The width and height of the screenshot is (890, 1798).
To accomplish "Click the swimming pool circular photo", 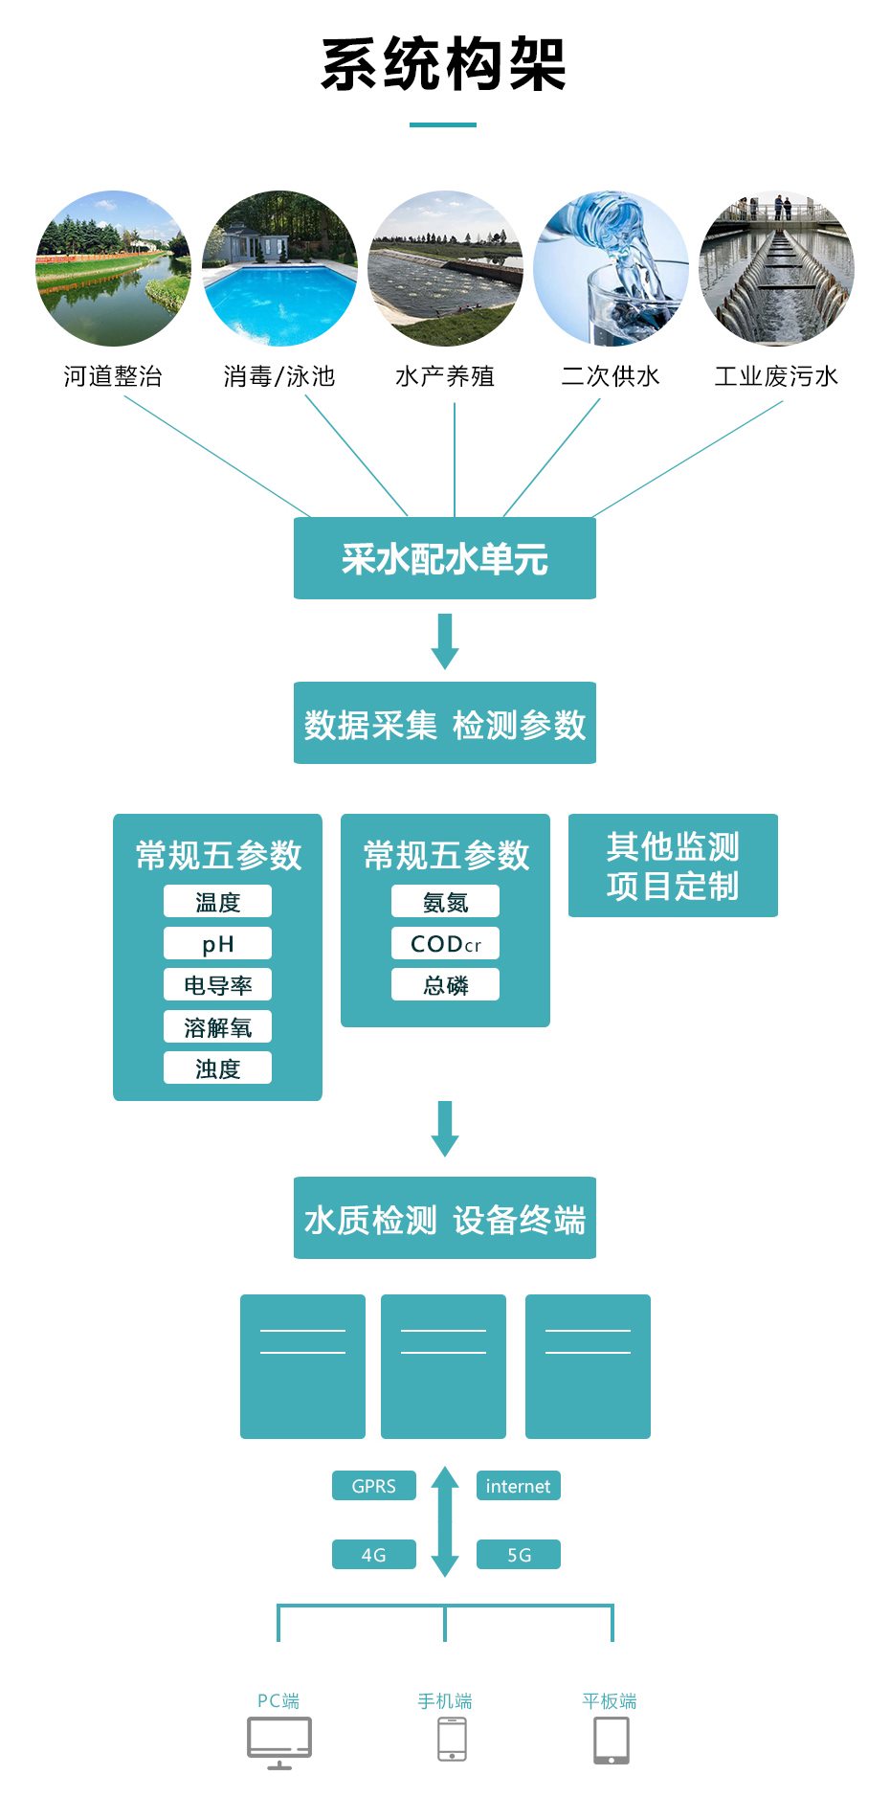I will coord(279,268).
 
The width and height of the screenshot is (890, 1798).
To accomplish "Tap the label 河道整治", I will coord(113,376).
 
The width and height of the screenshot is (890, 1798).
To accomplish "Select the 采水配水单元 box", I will coord(444,558).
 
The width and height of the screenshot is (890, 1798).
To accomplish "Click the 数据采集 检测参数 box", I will coord(444,723).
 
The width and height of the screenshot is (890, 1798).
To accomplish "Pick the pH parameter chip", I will coord(217,943).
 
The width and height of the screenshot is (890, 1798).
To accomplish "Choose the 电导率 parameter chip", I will coord(217,985).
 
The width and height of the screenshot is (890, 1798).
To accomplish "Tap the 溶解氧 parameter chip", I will coord(217,1027).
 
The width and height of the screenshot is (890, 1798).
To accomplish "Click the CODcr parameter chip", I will coord(445,943).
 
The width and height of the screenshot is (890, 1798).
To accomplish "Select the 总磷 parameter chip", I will coord(445,985).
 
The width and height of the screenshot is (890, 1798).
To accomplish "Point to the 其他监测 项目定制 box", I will coord(673,865).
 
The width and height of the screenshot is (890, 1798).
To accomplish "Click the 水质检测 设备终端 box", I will coord(444,1218).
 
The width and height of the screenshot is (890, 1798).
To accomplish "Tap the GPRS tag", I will coord(373,1486).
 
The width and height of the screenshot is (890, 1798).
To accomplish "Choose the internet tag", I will coord(518,1486).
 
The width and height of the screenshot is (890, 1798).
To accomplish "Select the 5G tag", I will coord(518,1555).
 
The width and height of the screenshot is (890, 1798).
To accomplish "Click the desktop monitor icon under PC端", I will coord(279,1742).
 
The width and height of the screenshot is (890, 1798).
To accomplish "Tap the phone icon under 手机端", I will coord(452,1739).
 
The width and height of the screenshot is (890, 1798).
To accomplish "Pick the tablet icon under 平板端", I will coord(612,1740).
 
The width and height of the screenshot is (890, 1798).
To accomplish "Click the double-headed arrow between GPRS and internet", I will coord(445,1520).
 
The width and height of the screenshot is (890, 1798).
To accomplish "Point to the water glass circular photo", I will coord(611,268).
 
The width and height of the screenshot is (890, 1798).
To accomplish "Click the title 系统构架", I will coord(444,65).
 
